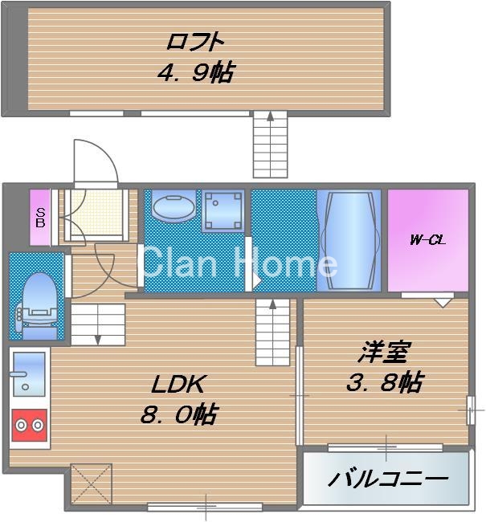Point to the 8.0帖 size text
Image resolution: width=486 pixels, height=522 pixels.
pos(178,415)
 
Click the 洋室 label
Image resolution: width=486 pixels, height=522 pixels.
pos(385,352)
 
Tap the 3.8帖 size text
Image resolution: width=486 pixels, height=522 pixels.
pos(385,382)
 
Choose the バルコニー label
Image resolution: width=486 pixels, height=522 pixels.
pos(387,480)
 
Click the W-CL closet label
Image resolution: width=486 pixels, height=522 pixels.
pos(427,239)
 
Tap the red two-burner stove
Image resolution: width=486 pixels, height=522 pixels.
pos(29,426)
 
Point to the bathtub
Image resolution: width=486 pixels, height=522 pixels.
pos(349,239)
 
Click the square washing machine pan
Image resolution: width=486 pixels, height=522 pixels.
pos(223,209)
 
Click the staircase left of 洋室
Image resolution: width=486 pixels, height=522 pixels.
pos(273,329)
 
